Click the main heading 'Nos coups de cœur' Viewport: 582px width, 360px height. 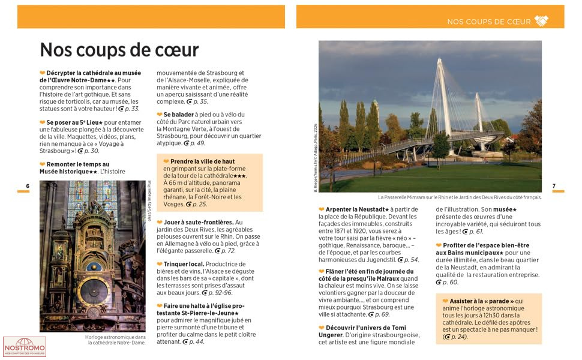click(x=119, y=49)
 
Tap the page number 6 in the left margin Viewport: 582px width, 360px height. click(x=28, y=186)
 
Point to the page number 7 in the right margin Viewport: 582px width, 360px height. click(x=554, y=186)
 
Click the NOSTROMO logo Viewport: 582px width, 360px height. click(x=24, y=347)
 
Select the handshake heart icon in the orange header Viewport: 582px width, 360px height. click(x=541, y=21)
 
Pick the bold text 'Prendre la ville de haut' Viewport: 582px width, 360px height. click(x=202, y=161)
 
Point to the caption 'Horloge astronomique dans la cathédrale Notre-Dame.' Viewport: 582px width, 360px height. click(x=115, y=340)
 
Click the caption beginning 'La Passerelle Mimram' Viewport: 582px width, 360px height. click(x=460, y=197)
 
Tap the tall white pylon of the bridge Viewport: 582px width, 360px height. click(x=445, y=96)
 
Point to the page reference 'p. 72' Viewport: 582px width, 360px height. click(x=227, y=251)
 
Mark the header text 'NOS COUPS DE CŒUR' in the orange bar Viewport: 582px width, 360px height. click(x=489, y=22)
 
